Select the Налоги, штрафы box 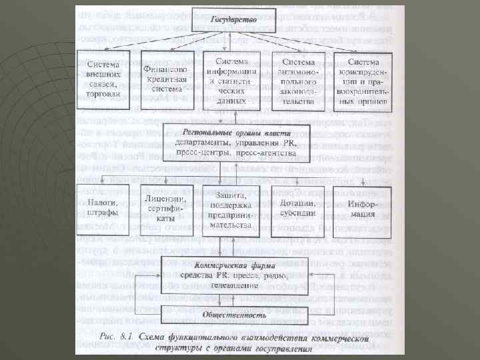click(x=102, y=207)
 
